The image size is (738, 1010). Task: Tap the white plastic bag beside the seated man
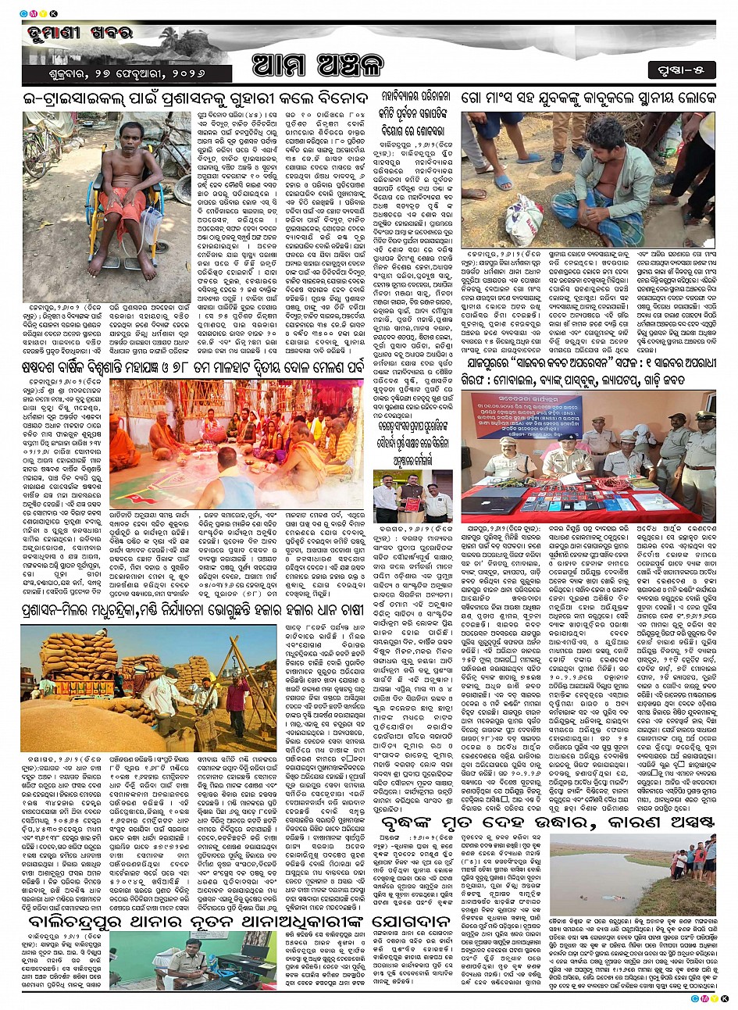click(522, 220)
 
